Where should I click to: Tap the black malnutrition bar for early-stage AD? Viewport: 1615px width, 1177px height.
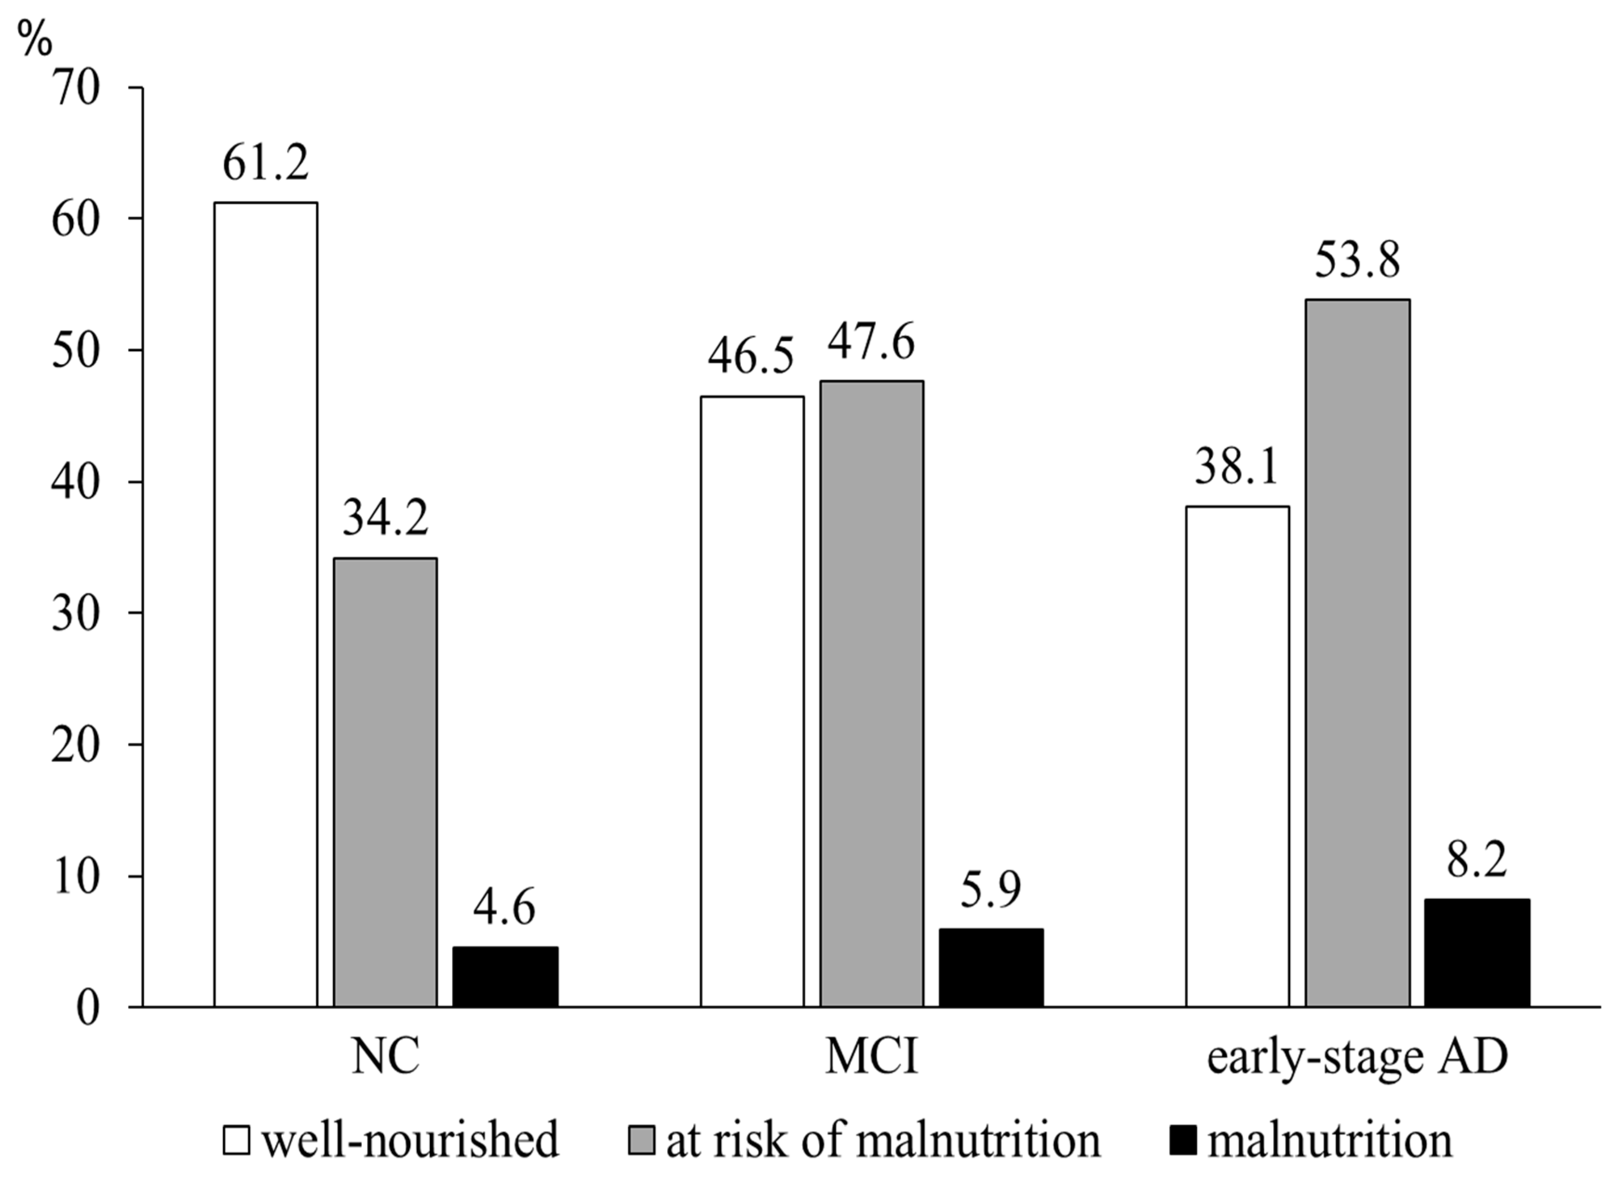pyautogui.click(x=1477, y=953)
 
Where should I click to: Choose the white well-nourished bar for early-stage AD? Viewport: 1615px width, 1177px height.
pyautogui.click(x=1237, y=756)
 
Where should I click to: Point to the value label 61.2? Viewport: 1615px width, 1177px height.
pyautogui.click(x=266, y=162)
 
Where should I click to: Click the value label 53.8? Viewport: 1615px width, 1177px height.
pyautogui.click(x=1357, y=260)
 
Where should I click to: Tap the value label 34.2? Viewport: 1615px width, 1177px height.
pyautogui.click(x=385, y=518)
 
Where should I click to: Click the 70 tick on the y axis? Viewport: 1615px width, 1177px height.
pyautogui.click(x=75, y=89)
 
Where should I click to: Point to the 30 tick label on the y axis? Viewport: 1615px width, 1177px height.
pyautogui.click(x=75, y=614)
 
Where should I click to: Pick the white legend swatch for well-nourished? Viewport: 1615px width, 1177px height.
pyautogui.click(x=236, y=1140)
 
